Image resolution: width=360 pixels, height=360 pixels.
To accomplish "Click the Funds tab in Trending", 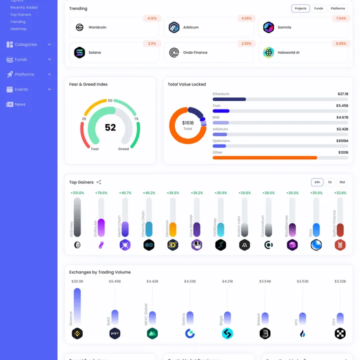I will point(318,8).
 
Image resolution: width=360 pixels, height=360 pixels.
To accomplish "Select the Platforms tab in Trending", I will point(338,8).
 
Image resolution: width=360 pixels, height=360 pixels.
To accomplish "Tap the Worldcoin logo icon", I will point(79,27).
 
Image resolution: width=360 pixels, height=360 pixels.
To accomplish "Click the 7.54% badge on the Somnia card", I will point(341,18).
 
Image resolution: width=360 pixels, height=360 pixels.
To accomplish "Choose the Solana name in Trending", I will point(94,52).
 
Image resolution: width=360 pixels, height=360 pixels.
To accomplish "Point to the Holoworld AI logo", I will point(268,52).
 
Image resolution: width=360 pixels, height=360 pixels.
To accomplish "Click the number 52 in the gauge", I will point(110,127).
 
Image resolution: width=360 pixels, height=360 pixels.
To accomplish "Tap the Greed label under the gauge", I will point(123,149).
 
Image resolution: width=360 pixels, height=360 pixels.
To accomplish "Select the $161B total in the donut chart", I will point(187,123).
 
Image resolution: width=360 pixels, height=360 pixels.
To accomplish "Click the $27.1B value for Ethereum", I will point(342,94).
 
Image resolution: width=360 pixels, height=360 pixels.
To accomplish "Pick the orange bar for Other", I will point(264,157).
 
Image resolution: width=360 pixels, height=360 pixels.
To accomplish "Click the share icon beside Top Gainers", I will point(99,182).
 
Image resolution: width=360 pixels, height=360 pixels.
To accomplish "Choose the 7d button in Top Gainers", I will point(329,182).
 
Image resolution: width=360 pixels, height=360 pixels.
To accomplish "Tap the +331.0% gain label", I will point(77,193).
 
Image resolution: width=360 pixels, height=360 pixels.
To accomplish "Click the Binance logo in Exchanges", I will point(77,333).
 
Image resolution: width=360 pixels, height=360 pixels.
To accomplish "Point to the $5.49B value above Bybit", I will point(115,281).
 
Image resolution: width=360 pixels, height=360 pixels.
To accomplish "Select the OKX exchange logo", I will point(340,333).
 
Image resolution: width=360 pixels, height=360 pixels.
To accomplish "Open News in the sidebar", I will point(20,104).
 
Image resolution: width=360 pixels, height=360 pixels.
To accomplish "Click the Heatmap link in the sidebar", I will point(18,29).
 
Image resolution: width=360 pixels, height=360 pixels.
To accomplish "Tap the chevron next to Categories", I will point(49,44).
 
